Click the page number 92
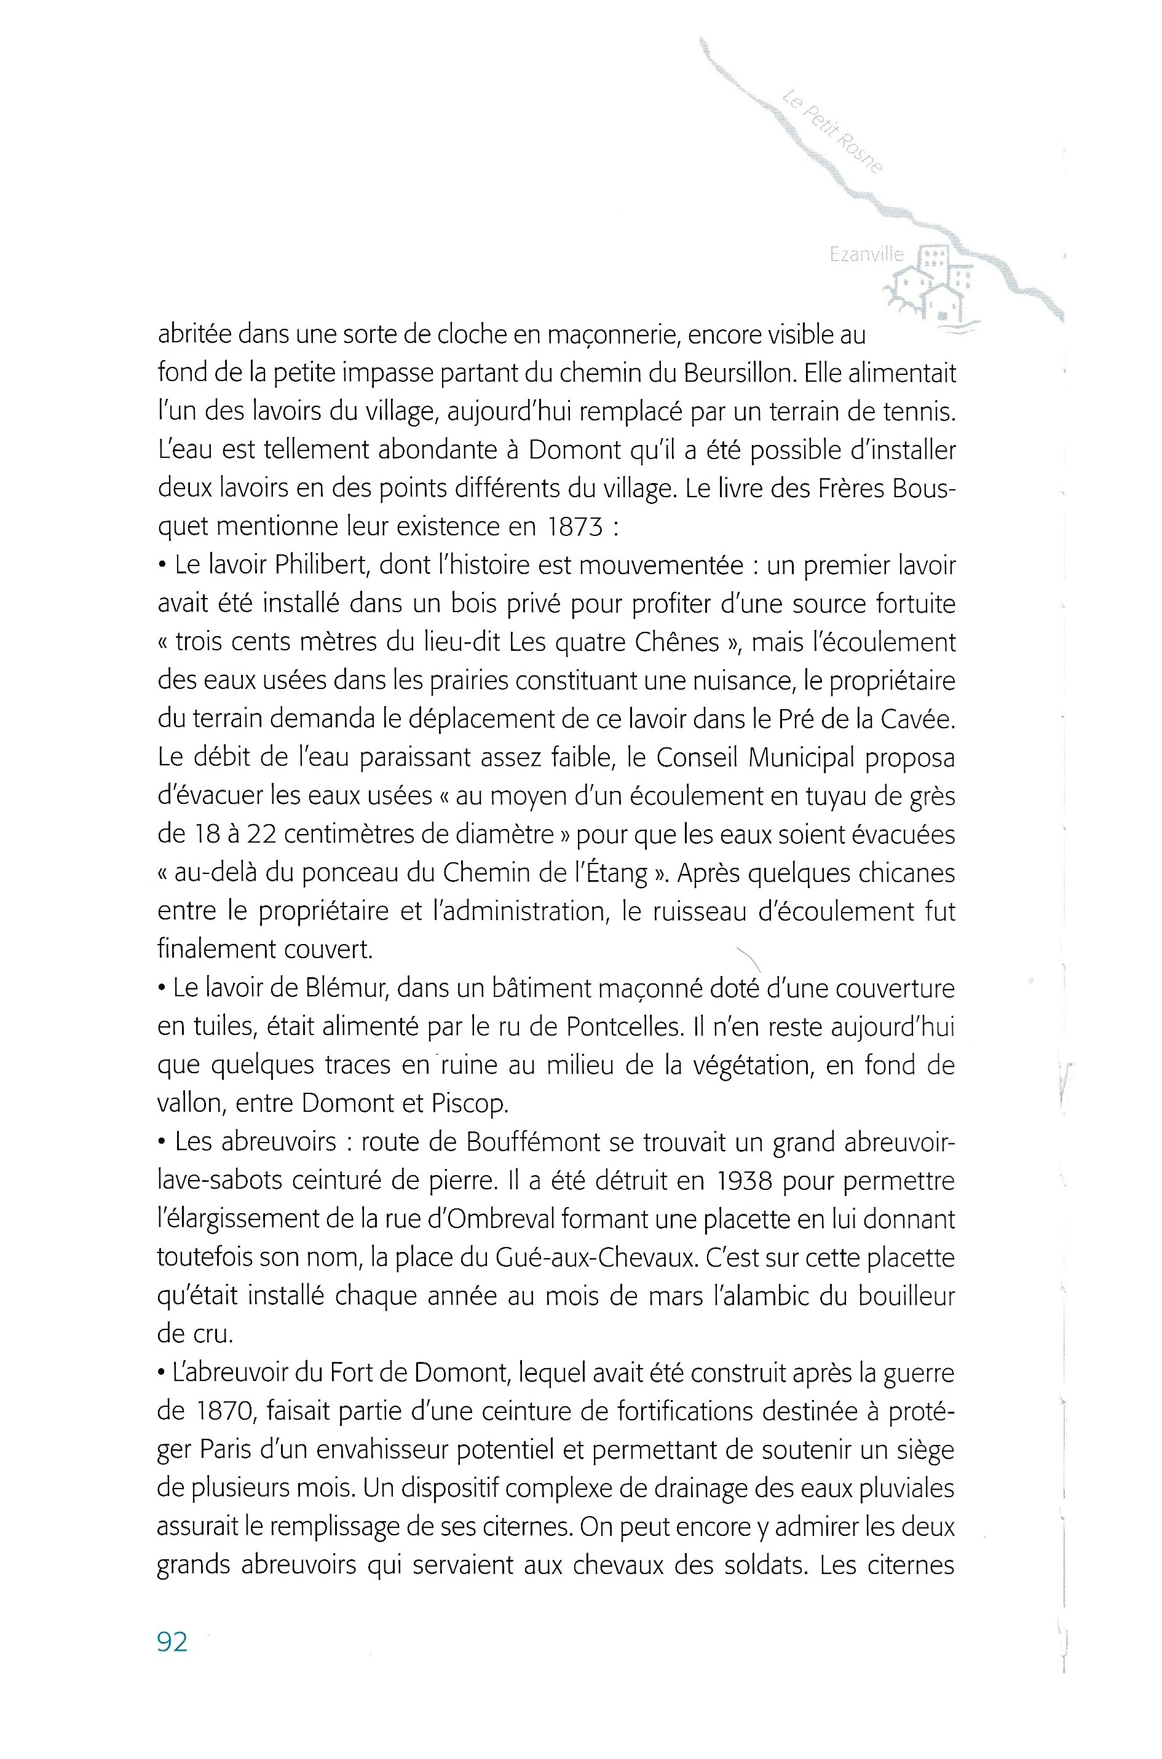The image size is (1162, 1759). pos(172,1642)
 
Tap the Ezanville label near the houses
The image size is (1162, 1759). pos(866,254)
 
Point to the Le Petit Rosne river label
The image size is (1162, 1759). pos(832,130)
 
